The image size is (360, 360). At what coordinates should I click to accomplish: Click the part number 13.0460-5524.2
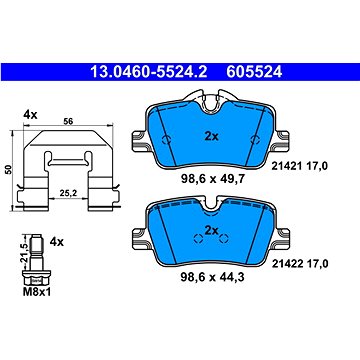[149, 72]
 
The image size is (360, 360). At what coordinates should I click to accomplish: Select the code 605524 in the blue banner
[254, 72]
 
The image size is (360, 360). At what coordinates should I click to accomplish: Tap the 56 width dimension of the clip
[68, 121]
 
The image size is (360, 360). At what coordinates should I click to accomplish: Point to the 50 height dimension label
[10, 170]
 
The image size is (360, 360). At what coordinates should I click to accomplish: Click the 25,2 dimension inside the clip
[67, 192]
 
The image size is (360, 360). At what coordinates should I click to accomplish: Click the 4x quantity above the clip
[30, 115]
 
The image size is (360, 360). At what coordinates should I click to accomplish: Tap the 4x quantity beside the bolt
[56, 241]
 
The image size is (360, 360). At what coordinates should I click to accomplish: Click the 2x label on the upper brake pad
[211, 136]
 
